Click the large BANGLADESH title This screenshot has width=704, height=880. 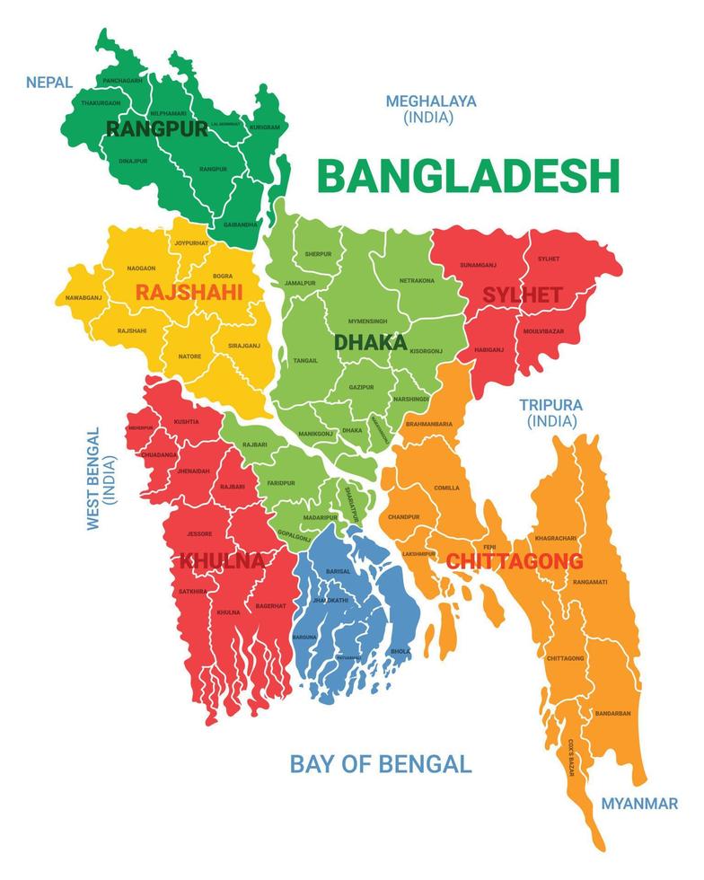click(x=469, y=176)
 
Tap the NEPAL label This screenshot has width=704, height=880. click(x=49, y=83)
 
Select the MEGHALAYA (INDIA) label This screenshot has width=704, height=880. click(x=431, y=109)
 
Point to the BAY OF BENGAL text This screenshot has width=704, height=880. click(x=380, y=764)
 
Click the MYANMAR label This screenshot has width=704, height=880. click(x=639, y=804)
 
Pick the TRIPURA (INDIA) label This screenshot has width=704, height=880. click(x=551, y=412)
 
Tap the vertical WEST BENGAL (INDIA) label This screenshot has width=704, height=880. click(x=100, y=479)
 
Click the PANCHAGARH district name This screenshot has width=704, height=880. click(x=123, y=81)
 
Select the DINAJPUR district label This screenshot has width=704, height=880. click(x=133, y=161)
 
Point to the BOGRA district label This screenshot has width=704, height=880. click(x=223, y=276)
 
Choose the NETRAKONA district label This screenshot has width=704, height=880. click(x=417, y=280)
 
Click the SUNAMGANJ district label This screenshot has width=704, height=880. click(x=479, y=266)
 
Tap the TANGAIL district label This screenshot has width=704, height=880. click(x=305, y=360)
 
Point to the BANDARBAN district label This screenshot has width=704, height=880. click(x=612, y=713)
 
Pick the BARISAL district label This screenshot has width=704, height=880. click(x=339, y=571)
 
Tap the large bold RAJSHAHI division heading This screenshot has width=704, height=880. click(x=189, y=292)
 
